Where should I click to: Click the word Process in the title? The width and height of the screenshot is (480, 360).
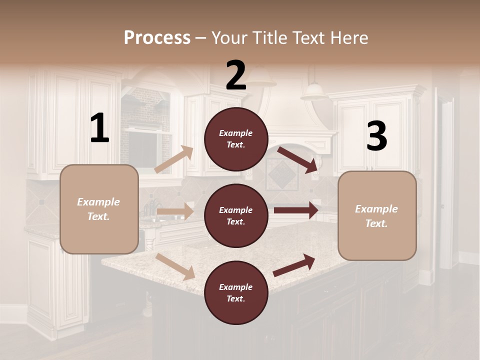(157, 37)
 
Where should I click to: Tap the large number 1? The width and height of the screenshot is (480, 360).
(99, 128)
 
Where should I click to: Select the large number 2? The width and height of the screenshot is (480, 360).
(236, 75)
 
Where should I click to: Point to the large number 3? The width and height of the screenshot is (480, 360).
(376, 136)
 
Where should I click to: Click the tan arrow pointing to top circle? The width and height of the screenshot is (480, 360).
(174, 159)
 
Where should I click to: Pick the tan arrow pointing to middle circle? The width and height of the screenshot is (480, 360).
(175, 211)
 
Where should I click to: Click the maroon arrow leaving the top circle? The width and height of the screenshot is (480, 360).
(297, 160)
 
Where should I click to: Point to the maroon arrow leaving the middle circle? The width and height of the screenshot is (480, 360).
(296, 210)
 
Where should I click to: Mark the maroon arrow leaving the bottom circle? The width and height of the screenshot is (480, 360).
(294, 265)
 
